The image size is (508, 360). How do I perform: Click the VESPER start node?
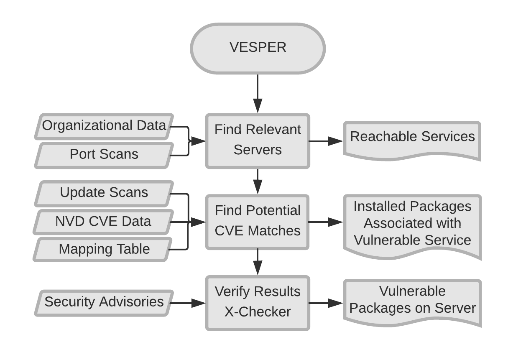point(258,48)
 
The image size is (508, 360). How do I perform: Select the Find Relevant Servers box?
point(258,140)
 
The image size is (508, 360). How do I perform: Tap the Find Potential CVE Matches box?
point(258,221)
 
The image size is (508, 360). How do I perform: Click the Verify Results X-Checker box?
point(258,302)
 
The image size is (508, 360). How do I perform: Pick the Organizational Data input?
point(104,126)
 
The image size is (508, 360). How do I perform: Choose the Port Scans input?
point(104,155)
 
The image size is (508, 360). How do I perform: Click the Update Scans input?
point(104,193)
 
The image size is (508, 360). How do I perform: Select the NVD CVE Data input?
point(104,221)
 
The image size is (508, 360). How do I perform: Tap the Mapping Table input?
point(104,250)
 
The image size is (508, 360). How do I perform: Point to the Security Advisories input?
point(104,302)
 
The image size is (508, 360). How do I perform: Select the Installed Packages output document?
point(412,224)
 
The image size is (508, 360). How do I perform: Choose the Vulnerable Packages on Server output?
point(412,301)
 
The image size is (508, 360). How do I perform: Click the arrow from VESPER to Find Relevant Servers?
point(258,94)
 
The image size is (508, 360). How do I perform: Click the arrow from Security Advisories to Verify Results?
point(188,302)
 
